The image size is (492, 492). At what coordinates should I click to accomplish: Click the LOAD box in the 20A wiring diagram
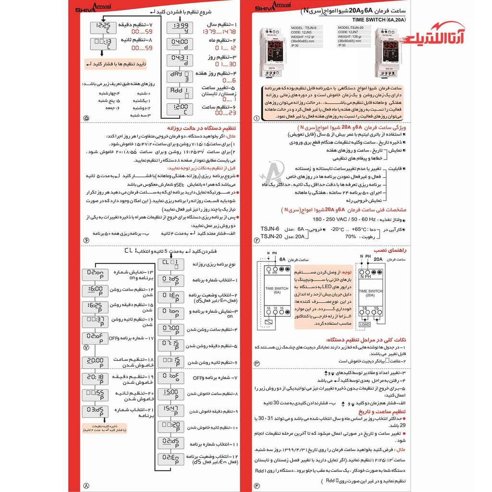coord(364,324)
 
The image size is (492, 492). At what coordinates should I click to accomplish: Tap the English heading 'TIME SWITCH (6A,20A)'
coord(379,20)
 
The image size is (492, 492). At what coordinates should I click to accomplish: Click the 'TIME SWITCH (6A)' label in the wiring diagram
coord(277,289)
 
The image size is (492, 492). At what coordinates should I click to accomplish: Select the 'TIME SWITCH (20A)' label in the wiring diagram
coord(370,293)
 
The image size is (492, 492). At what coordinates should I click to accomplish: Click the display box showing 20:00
coord(95,361)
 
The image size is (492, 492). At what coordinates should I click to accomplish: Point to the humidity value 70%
coord(350,236)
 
